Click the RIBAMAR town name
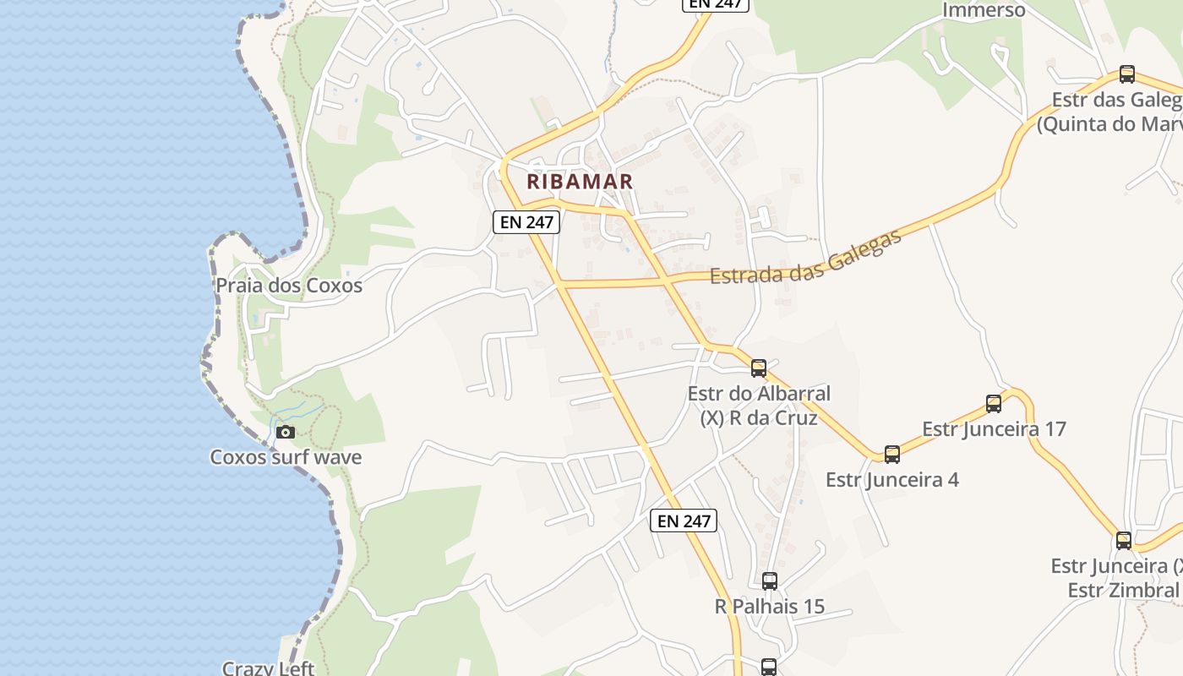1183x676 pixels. (580, 181)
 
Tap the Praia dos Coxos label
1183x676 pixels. (289, 286)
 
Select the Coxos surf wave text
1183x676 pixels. (286, 457)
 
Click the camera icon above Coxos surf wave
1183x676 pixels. (286, 433)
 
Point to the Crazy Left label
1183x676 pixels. (268, 668)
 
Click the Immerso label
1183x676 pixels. (984, 10)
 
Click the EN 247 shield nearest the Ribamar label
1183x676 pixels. (526, 222)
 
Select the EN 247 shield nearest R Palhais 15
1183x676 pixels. (684, 521)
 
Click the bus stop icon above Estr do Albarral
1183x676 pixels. (759, 368)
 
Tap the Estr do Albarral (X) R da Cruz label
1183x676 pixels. (759, 406)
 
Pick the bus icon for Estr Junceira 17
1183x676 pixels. (994, 404)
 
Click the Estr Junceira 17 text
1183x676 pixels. (994, 428)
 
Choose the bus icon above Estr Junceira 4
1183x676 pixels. (892, 455)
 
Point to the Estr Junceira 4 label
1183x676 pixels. (892, 480)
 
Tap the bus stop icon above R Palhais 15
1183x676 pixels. (769, 581)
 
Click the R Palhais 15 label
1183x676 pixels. (769, 607)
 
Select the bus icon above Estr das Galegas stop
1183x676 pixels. (1126, 74)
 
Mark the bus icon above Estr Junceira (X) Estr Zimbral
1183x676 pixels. (1123, 541)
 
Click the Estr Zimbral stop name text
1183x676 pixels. (1123, 590)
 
